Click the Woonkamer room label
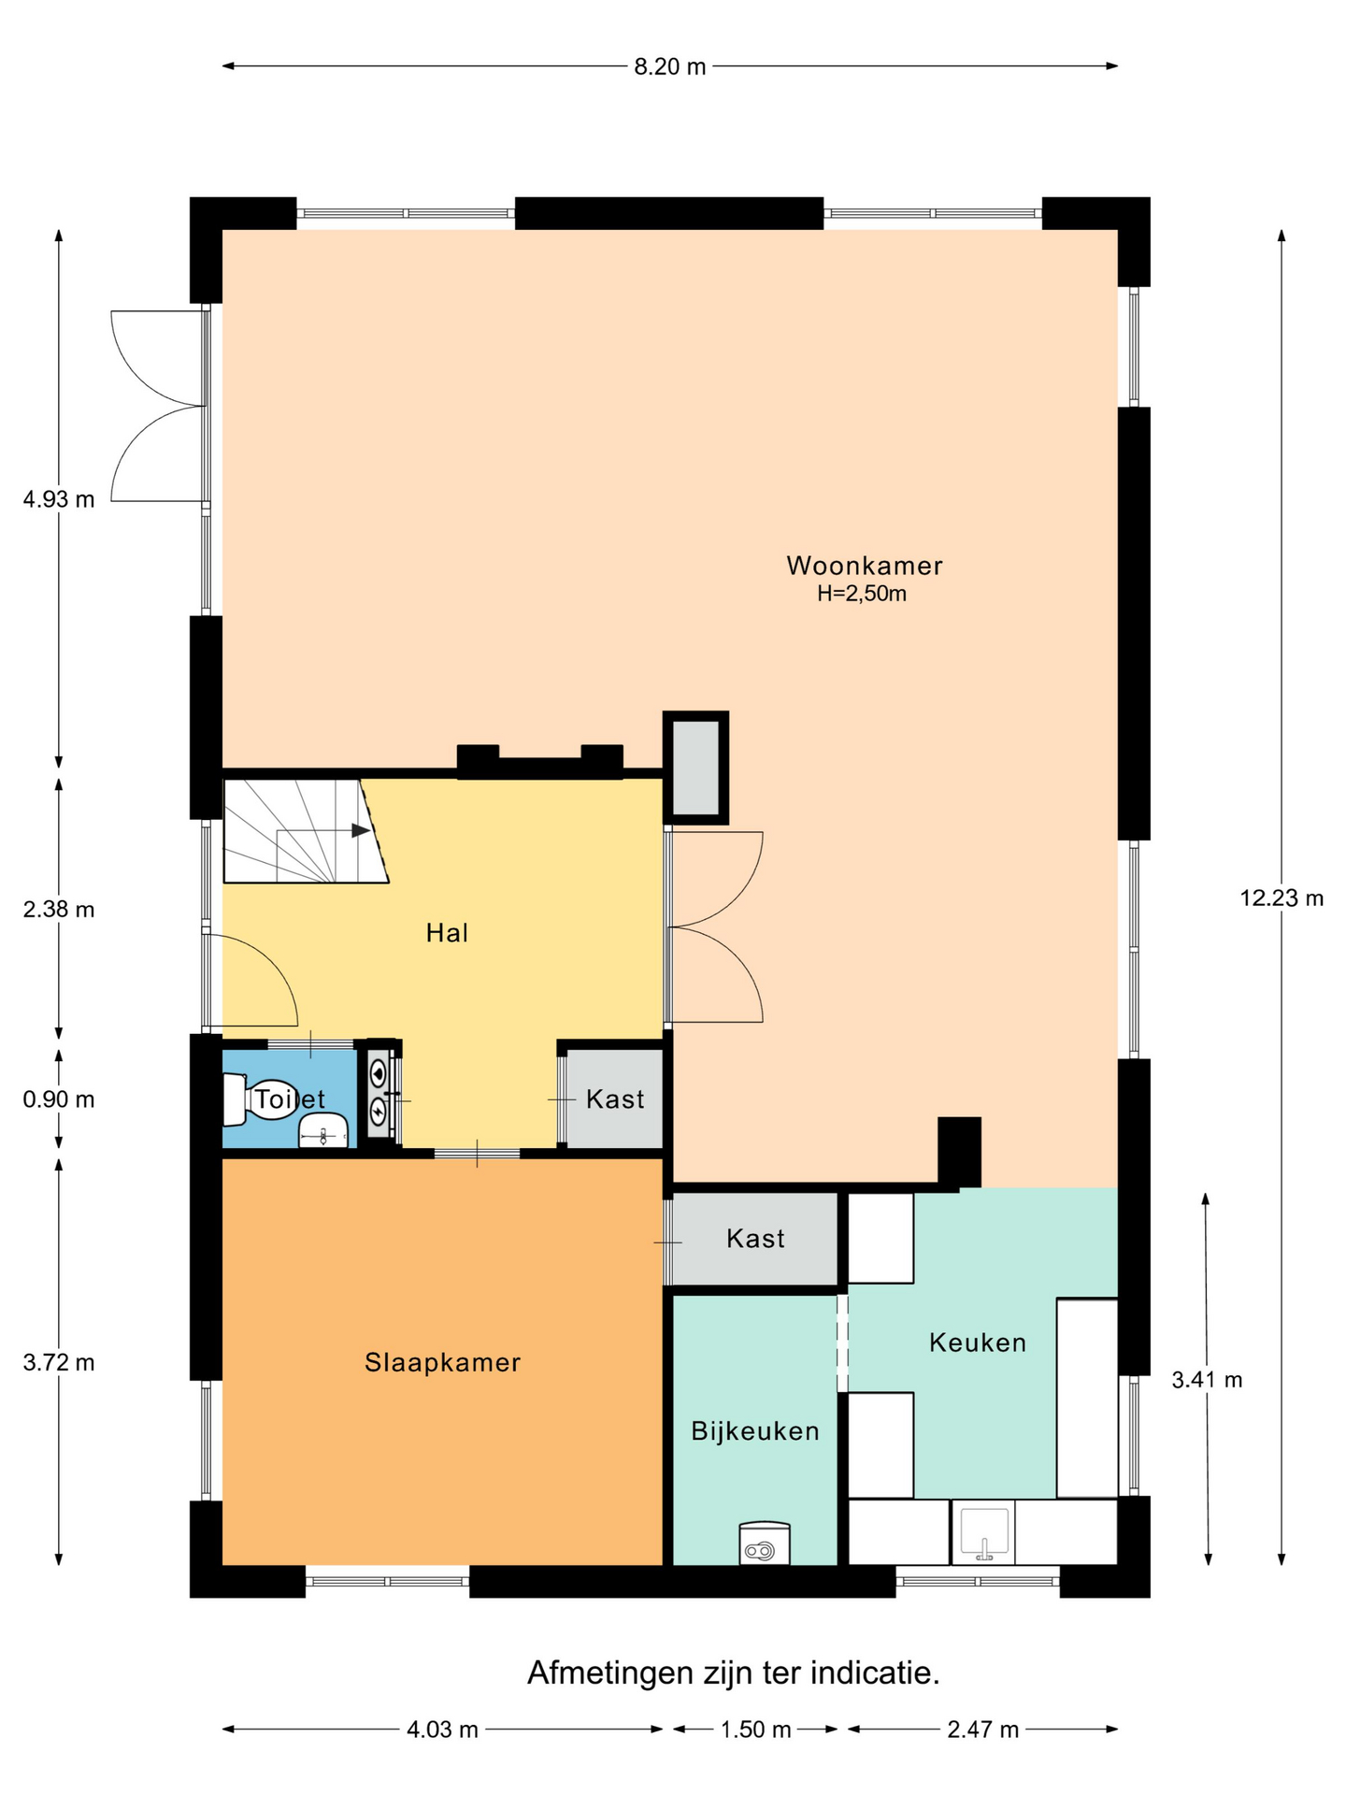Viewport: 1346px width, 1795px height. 864,566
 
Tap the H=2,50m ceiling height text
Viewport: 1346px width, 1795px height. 862,594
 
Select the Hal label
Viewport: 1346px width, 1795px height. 447,932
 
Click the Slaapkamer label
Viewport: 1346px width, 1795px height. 442,1362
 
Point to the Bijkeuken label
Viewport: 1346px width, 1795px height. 755,1431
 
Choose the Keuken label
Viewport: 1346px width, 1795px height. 978,1343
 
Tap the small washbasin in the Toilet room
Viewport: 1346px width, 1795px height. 322,1131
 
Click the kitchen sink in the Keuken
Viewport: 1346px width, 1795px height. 983,1532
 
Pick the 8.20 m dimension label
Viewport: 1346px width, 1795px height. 670,66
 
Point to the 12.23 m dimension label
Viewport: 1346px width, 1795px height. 1282,898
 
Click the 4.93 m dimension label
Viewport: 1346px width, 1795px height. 59,499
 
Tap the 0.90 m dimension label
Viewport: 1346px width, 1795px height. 59,1099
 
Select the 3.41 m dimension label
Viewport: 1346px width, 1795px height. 1207,1380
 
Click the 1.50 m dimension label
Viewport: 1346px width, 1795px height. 755,1730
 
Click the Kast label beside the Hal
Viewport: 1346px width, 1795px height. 615,1099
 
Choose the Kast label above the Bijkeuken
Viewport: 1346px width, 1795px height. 755,1239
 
